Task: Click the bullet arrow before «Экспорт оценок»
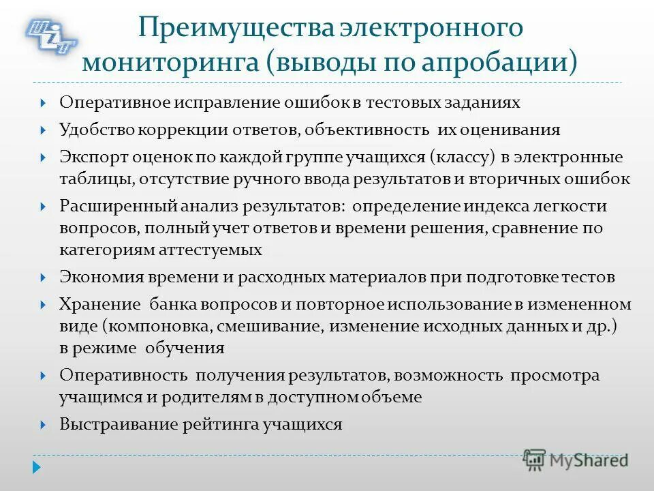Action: [x=43, y=158]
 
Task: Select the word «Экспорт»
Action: [x=89, y=158]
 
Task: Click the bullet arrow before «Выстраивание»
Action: [x=43, y=425]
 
